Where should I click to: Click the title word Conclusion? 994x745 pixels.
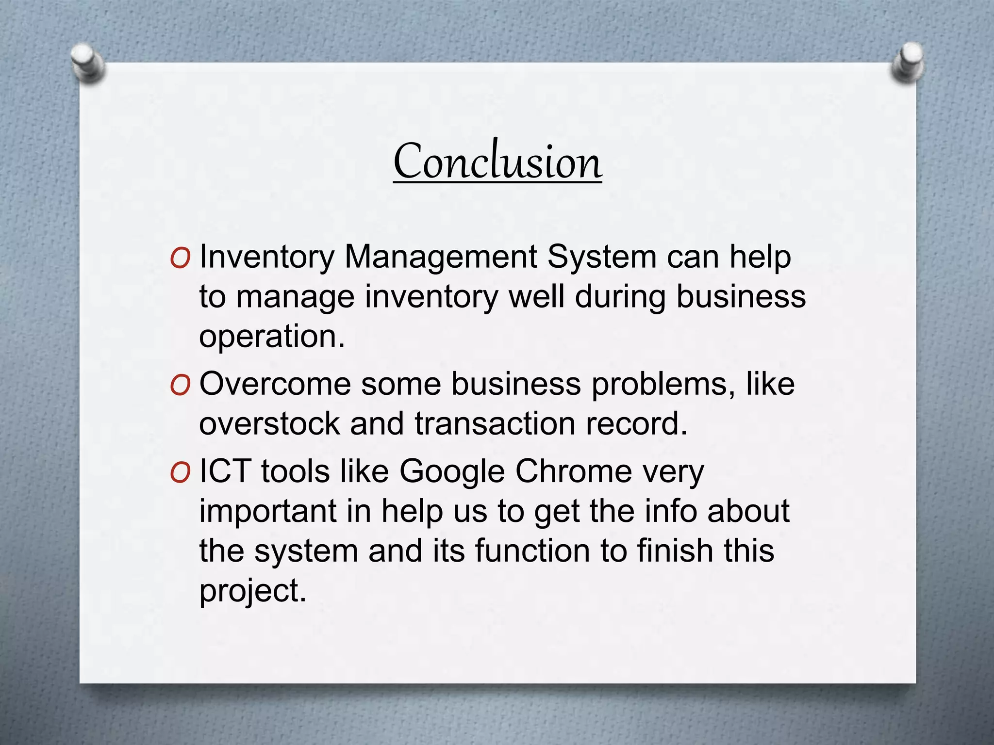coord(497,162)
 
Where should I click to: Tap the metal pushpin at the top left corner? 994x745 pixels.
coord(87,63)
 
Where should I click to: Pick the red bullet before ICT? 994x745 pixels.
coord(180,473)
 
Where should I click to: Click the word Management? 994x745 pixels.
coord(440,257)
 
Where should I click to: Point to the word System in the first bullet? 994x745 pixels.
coord(601,257)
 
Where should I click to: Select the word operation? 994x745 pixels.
coord(271,337)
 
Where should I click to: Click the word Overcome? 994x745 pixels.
coord(275,384)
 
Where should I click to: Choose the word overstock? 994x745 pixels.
coord(269,424)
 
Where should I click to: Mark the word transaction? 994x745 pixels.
coord(495,424)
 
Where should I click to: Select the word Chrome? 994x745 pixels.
coord(573,471)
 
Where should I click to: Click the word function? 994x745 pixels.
coord(532,551)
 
